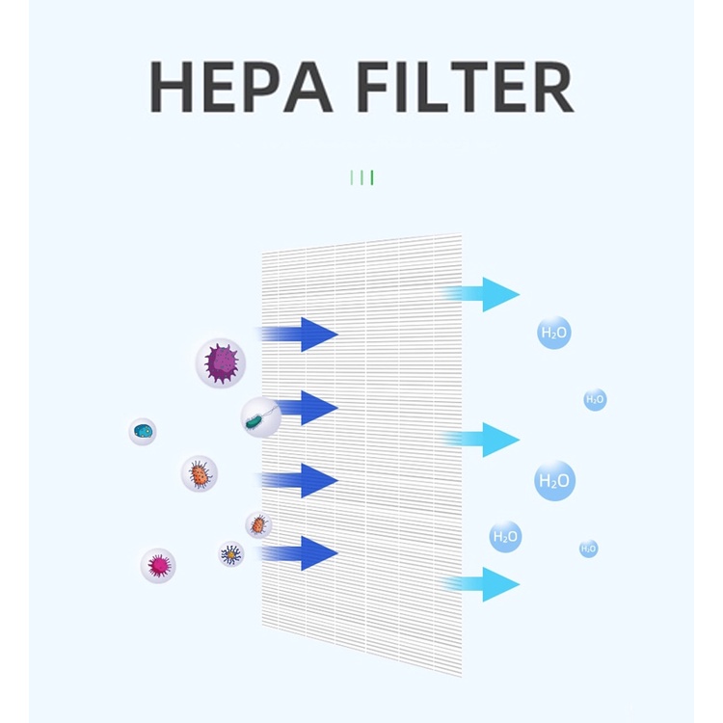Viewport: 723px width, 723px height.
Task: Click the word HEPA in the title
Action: pyautogui.click(x=241, y=87)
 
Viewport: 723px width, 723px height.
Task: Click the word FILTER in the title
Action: pyautogui.click(x=466, y=87)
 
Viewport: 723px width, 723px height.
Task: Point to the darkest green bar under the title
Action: pyautogui.click(x=372, y=177)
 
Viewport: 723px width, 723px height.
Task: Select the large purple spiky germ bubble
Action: pyautogui.click(x=221, y=362)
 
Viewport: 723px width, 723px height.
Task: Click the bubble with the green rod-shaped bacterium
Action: pyautogui.click(x=261, y=417)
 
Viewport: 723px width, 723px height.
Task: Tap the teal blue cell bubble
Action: pyautogui.click(x=143, y=432)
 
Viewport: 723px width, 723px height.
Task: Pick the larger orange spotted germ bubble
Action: pyautogui.click(x=200, y=473)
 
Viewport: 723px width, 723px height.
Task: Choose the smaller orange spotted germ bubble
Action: pyautogui.click(x=258, y=524)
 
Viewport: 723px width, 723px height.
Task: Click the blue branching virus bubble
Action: pyautogui.click(x=231, y=553)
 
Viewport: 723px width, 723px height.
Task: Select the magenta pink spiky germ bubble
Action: pyautogui.click(x=158, y=566)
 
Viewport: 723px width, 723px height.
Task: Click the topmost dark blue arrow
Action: pyautogui.click(x=299, y=335)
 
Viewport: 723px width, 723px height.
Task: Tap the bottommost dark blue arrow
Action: pyautogui.click(x=299, y=553)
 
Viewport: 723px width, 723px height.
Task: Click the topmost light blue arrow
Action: pyautogui.click(x=481, y=294)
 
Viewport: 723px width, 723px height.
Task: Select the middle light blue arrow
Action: pyautogui.click(x=481, y=440)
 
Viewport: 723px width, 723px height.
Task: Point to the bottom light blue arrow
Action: pyautogui.click(x=481, y=584)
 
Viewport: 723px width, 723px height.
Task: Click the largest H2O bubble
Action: pyautogui.click(x=554, y=480)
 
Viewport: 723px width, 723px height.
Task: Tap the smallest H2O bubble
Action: pyautogui.click(x=588, y=549)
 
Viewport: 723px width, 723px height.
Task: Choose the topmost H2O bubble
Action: pyautogui.click(x=554, y=333)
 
